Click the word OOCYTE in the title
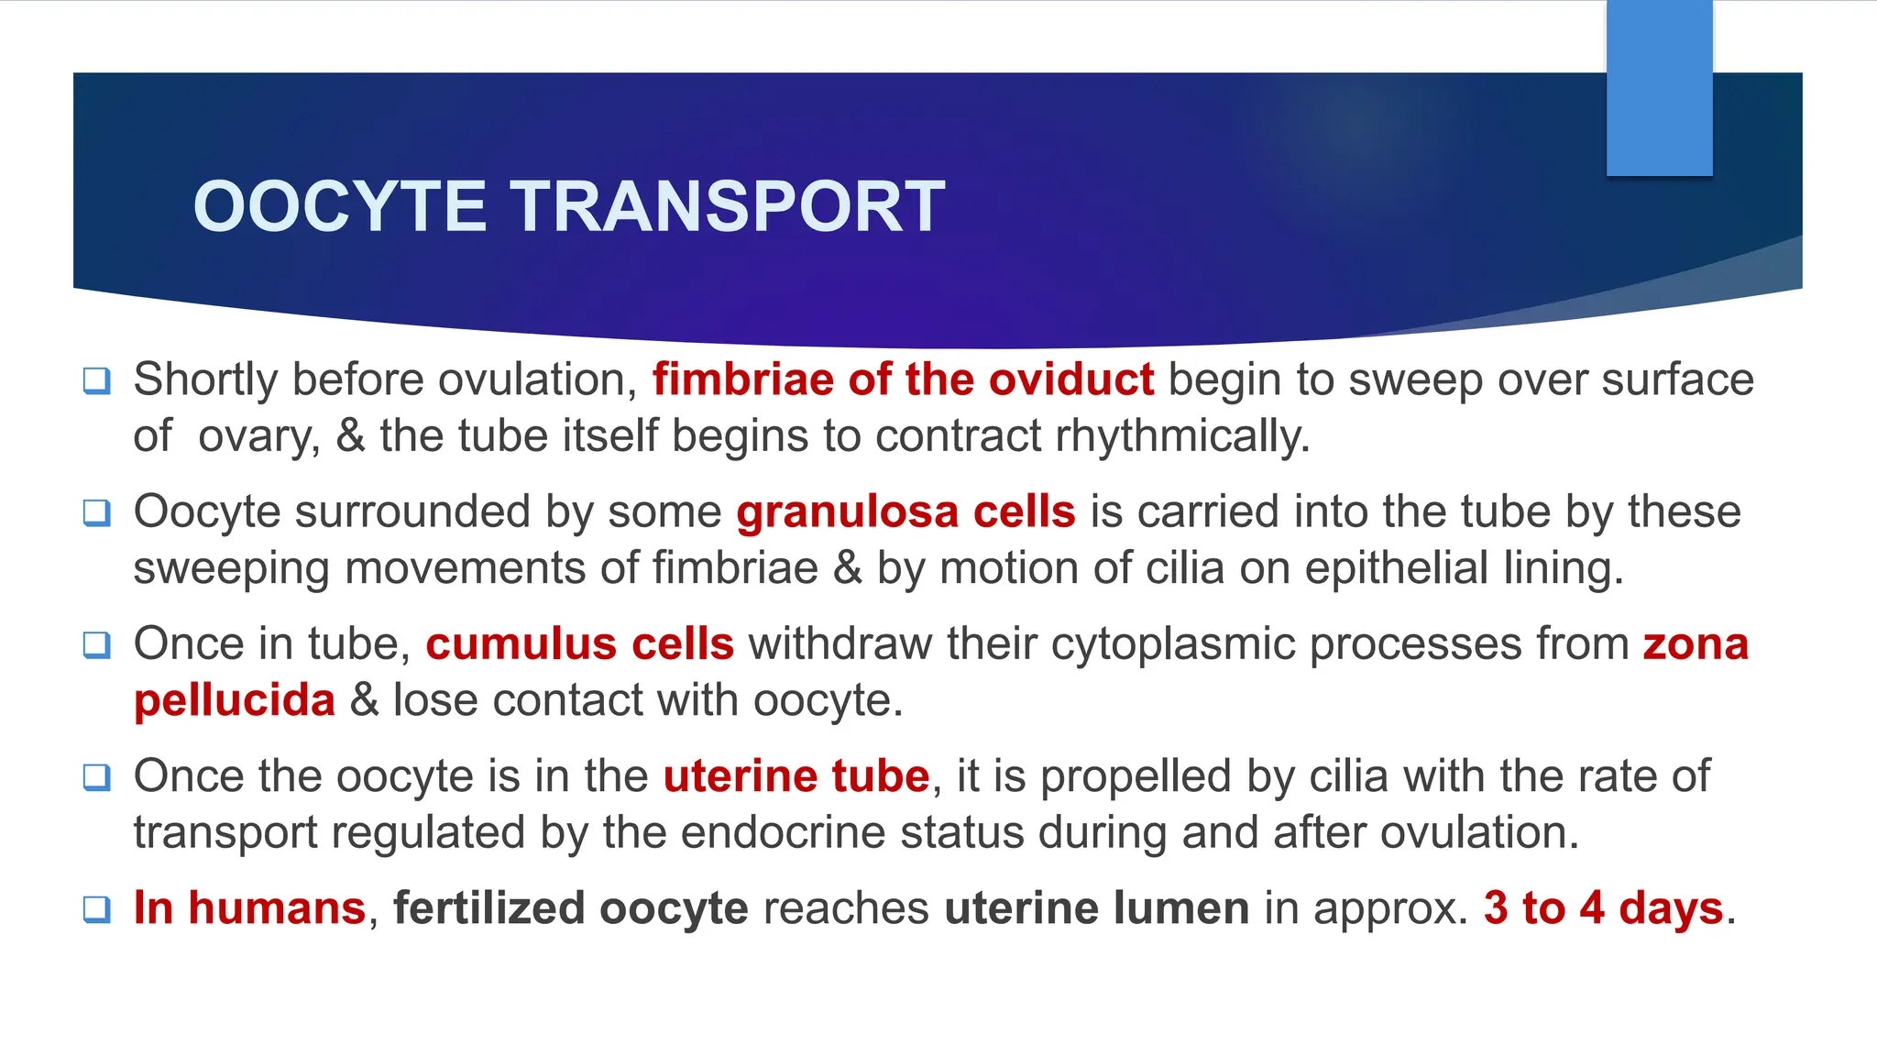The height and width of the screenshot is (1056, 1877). click(339, 207)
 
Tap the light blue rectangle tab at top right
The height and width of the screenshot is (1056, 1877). click(1659, 88)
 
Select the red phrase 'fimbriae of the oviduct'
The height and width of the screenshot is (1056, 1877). click(903, 379)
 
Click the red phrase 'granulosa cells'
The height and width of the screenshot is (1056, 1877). click(906, 511)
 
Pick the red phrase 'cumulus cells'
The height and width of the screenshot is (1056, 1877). click(579, 643)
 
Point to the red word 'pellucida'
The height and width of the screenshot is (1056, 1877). click(235, 700)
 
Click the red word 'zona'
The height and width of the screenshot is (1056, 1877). click(1696, 643)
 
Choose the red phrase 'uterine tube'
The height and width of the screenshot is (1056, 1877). click(796, 776)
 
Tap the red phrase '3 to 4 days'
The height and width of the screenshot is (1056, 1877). click(1604, 908)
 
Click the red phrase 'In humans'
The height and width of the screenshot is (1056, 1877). click(249, 908)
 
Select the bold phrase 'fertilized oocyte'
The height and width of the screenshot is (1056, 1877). click(570, 908)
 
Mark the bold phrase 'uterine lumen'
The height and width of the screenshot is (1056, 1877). click(1096, 908)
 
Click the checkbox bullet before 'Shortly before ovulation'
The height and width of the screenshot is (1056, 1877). click(97, 380)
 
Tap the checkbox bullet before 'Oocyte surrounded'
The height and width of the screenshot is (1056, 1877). click(97, 512)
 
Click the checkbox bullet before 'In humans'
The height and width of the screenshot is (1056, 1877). click(97, 909)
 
